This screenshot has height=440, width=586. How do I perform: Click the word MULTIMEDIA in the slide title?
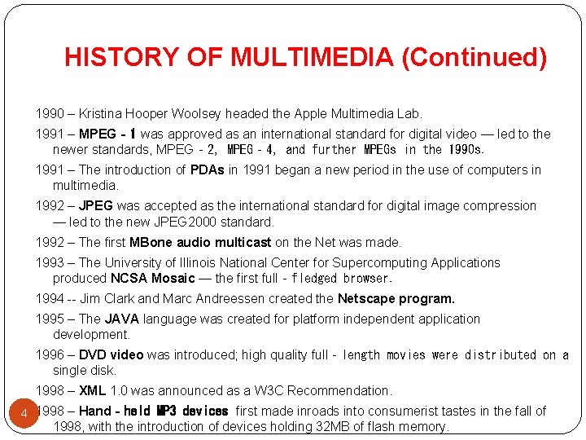coord(313,57)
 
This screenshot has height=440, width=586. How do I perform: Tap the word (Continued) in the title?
coord(474,57)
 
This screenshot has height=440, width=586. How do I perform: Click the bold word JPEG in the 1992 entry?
coord(94,206)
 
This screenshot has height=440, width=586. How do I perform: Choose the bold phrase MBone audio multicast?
coord(200,242)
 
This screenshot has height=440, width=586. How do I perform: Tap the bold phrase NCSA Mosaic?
coord(153,278)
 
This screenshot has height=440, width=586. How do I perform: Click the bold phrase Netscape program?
coord(396,298)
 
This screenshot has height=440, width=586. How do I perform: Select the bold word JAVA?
coord(122,319)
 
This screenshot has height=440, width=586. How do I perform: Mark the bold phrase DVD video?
coord(111,354)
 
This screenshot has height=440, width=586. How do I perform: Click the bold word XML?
coord(92,390)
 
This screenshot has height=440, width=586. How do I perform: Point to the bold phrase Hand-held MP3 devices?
coord(154,411)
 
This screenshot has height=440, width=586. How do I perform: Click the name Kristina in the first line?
coord(104,113)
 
